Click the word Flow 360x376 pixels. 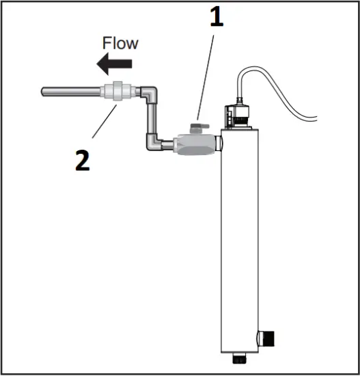120,43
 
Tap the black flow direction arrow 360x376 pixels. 114,65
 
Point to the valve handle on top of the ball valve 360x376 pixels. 200,127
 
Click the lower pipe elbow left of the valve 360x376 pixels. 154,143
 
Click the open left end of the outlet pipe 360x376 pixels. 44,91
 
